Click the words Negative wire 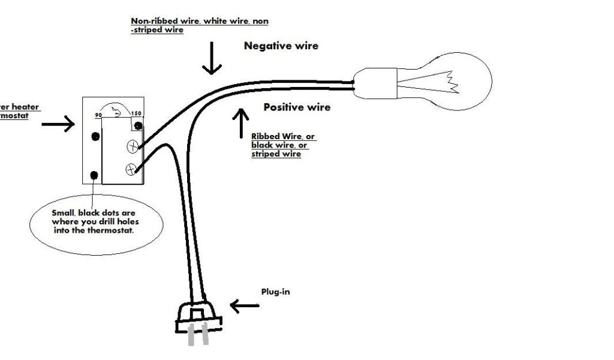click(281, 46)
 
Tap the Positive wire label click(297, 107)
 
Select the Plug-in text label click(275, 292)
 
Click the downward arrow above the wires click(211, 59)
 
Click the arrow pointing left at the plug click(245, 307)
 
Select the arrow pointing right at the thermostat click(58, 124)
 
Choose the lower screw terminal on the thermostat click(130, 170)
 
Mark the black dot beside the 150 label click(139, 125)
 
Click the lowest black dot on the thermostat click(94, 175)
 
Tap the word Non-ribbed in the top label click(151, 21)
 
